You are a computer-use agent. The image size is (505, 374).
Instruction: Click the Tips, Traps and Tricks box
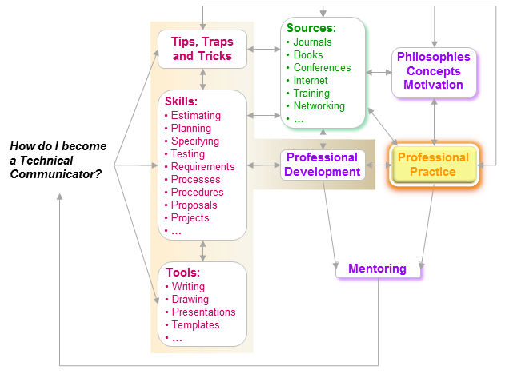click(202, 48)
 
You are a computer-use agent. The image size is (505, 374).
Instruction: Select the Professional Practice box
click(433, 165)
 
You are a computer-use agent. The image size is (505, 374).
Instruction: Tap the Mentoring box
click(378, 269)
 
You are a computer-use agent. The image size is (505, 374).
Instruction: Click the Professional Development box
click(323, 165)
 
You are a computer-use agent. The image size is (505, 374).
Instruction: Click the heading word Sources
click(311, 29)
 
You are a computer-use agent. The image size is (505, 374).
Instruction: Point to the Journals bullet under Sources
click(312, 42)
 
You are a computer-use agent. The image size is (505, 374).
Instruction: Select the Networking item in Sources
click(319, 105)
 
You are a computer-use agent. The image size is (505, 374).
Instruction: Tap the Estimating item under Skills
click(196, 116)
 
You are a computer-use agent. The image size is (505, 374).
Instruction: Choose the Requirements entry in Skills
click(203, 167)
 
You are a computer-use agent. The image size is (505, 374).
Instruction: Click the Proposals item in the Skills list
click(194, 205)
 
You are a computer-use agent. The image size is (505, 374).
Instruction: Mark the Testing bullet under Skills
click(188, 154)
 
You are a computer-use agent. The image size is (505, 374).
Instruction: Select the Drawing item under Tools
click(190, 300)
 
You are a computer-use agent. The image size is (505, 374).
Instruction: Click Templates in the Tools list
click(195, 325)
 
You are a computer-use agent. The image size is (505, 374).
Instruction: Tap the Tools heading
click(182, 273)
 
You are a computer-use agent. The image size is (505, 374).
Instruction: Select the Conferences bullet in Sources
click(322, 68)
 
